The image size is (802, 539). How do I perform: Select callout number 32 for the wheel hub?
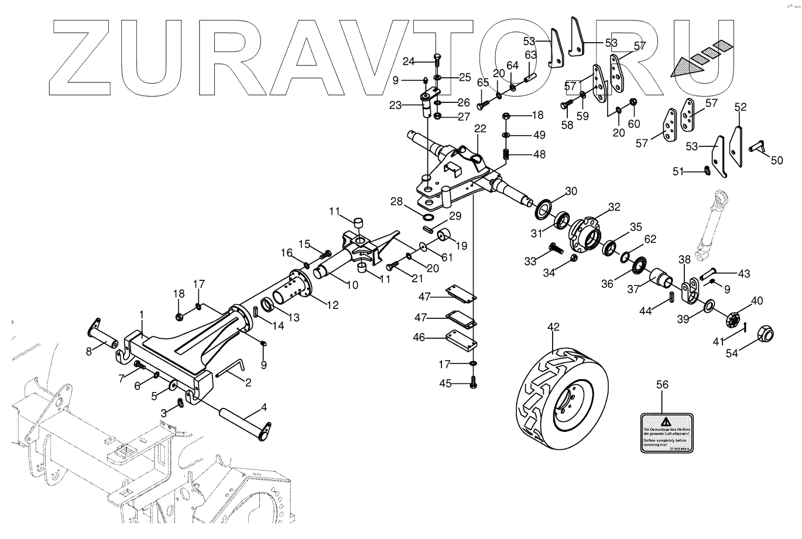pos(614,207)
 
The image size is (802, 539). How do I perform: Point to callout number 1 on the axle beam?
pos(141,314)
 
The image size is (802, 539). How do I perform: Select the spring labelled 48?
pos(507,155)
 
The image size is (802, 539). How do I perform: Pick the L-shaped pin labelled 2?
pos(231,370)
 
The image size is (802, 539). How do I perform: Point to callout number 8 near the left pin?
pos(89,352)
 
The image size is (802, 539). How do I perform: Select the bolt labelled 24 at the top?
pos(437,59)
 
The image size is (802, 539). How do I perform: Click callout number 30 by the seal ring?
pos(571,191)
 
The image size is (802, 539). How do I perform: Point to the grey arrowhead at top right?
pos(681,68)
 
